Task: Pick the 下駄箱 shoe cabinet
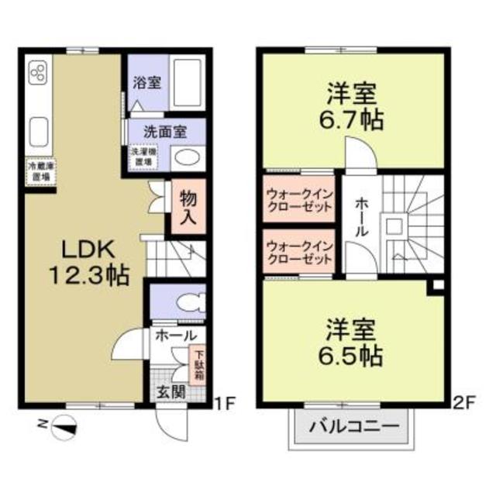pyautogui.click(x=197, y=363)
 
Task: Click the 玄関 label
pyautogui.click(x=171, y=391)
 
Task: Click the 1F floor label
pyautogui.click(x=224, y=402)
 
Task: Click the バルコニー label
pyautogui.click(x=353, y=426)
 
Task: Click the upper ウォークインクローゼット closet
pyautogui.click(x=299, y=200)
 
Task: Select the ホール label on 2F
pyautogui.click(x=362, y=216)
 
